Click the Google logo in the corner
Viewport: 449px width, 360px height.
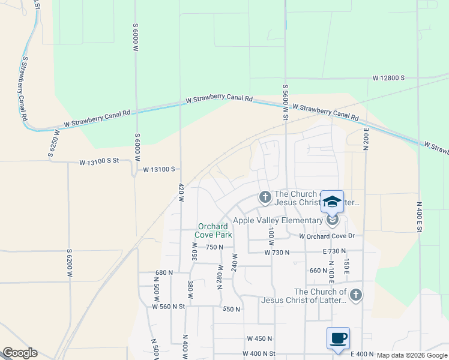[x=20, y=353]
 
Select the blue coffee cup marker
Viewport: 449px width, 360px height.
[x=338, y=338]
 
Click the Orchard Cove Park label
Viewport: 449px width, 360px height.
[x=215, y=230]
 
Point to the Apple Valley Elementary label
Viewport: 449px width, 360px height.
[x=278, y=220]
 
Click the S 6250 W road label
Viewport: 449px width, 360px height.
[x=52, y=143]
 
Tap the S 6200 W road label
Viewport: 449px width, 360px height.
[x=70, y=262]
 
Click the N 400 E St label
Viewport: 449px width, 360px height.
[x=420, y=220]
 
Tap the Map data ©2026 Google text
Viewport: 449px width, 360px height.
[x=411, y=355]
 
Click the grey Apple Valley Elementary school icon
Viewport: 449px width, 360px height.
[x=333, y=221]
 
